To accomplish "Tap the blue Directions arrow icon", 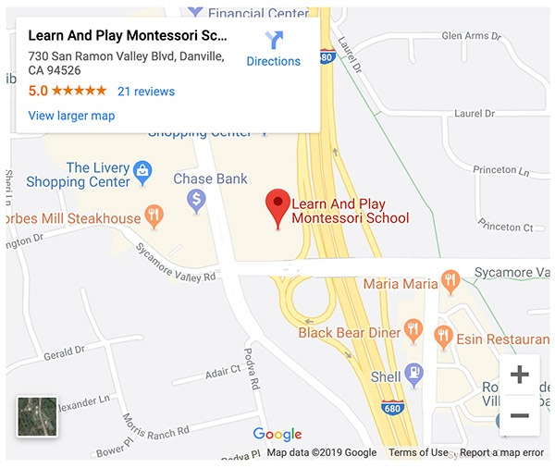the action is [274, 40].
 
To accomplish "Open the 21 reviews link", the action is [146, 92].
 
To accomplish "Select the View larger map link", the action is [71, 116].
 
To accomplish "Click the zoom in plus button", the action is [520, 376].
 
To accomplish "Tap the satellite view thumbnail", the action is [37, 416].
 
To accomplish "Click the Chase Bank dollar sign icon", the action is [196, 200].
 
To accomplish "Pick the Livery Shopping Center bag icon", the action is [142, 170].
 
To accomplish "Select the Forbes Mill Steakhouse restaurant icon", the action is [154, 218].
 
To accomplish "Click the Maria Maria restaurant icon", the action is [450, 279].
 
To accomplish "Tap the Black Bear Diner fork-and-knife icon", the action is [413, 331].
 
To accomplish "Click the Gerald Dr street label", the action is [64, 351].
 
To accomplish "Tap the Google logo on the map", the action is [277, 434].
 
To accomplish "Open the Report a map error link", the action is [502, 453].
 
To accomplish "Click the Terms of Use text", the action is [418, 453].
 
